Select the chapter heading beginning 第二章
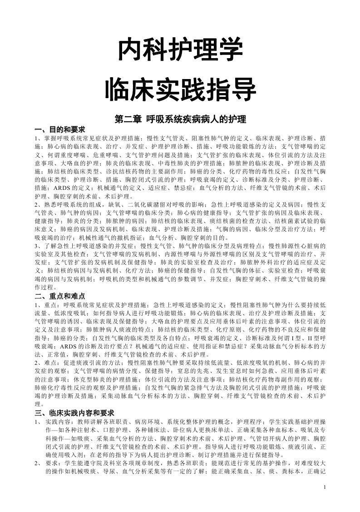pyautogui.click(x=180, y=119)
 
